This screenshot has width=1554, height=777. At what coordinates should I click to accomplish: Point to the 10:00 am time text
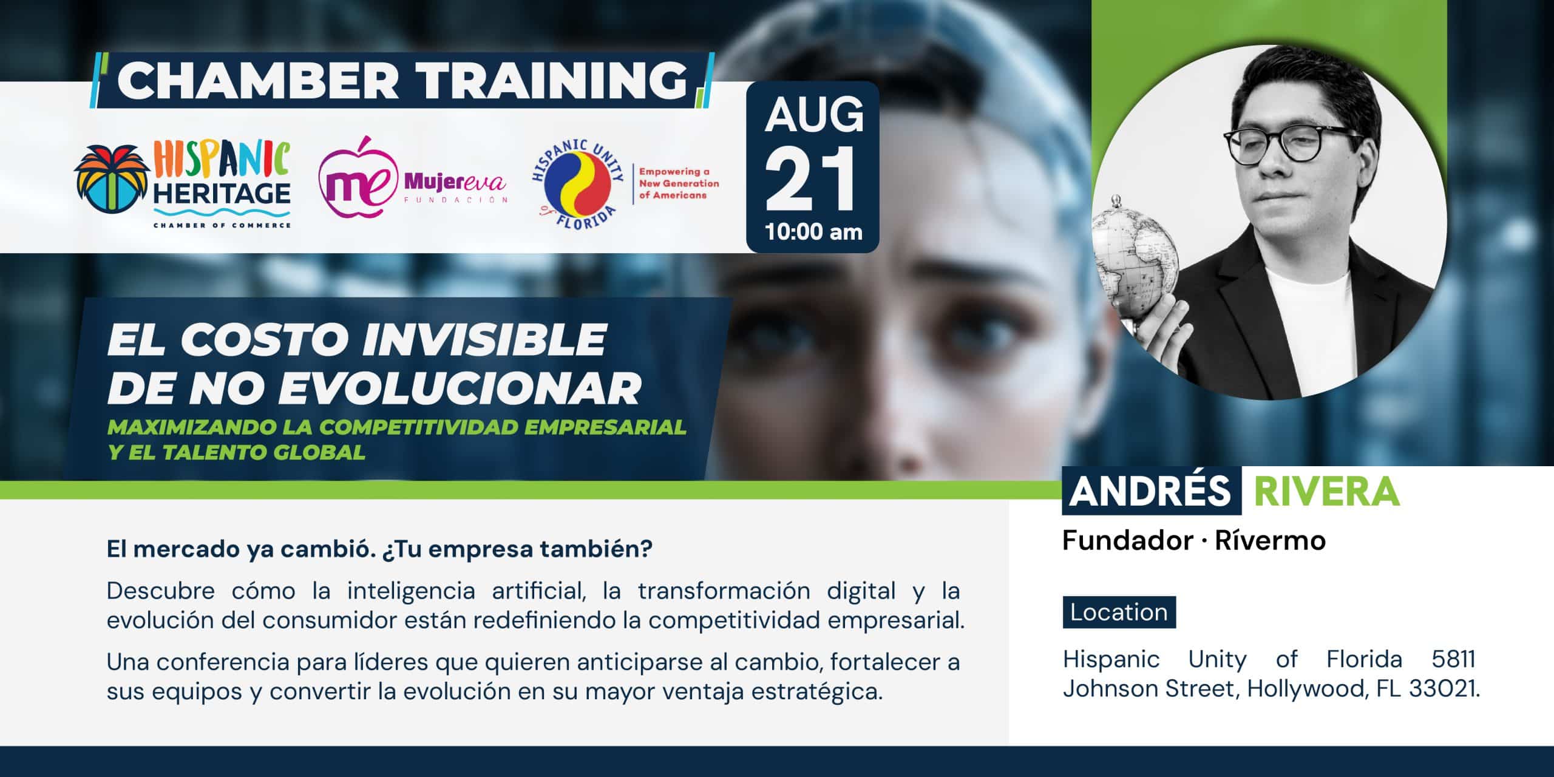point(813,232)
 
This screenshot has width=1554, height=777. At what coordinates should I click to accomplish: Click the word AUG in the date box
point(813,115)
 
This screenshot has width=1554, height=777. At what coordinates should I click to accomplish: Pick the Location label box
point(1119,612)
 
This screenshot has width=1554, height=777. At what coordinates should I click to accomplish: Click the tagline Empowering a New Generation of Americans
point(679,184)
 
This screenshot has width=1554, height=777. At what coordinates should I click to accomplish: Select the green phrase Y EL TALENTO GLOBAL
point(237,452)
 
